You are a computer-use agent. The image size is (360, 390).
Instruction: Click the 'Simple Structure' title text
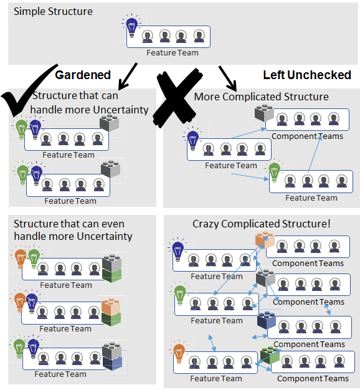53,11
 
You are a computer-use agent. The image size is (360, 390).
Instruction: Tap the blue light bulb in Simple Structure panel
131,27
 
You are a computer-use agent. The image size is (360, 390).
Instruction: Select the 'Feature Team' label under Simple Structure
173,53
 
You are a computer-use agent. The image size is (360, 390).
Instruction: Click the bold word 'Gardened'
83,75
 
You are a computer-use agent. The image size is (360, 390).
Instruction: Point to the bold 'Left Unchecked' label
307,75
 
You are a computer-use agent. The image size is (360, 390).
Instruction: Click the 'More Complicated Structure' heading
261,97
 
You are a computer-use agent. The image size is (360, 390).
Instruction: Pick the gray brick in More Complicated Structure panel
265,113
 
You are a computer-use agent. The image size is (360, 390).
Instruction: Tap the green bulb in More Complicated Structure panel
274,171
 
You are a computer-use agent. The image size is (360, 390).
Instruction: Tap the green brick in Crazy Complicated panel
270,355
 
